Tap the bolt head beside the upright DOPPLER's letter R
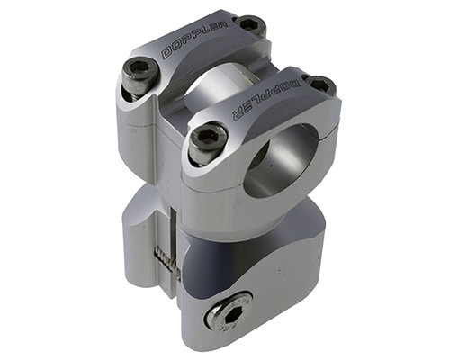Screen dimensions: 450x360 click(x=250, y=24)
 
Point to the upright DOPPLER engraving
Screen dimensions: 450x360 click(x=194, y=40)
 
